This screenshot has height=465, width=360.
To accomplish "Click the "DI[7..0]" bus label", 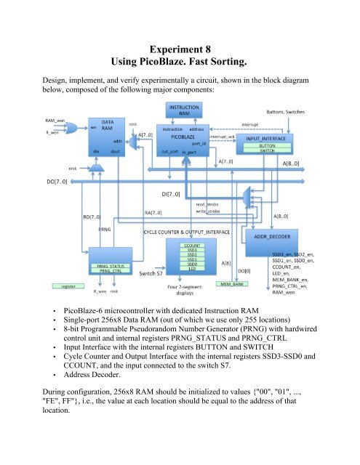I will pyautogui.click(x=178, y=194).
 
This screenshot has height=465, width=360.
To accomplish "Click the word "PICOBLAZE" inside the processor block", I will pyautogui.click(x=183, y=135).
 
